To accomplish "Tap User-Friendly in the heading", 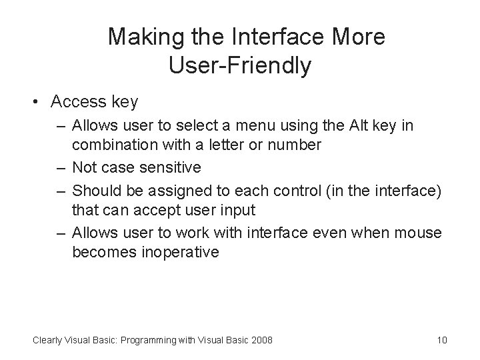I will tap(240, 66).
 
